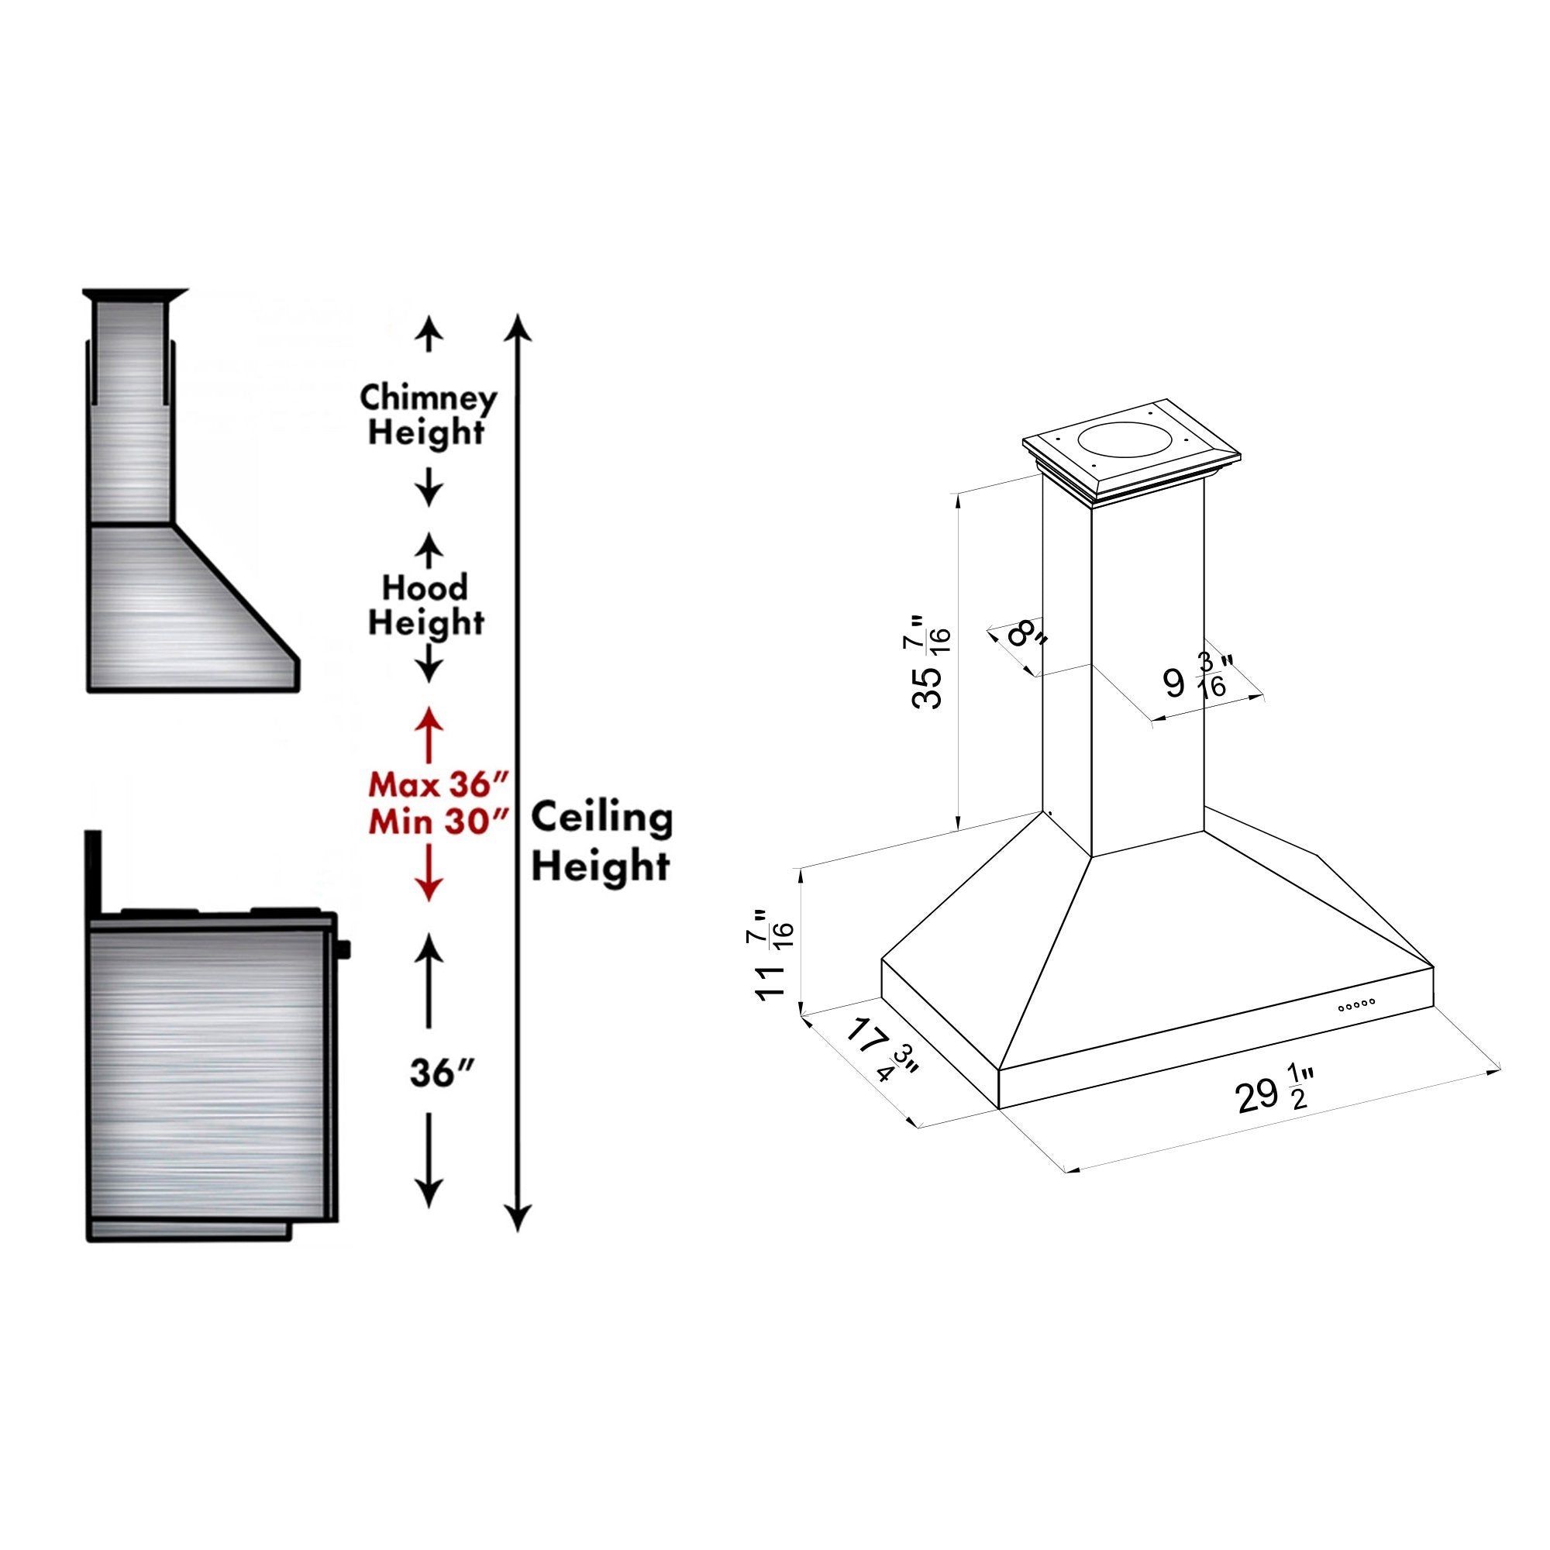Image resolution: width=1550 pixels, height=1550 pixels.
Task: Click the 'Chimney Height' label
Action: [428, 415]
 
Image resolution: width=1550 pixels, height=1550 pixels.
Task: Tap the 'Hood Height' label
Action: [426, 606]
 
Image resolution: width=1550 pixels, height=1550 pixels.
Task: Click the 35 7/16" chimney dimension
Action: [931, 662]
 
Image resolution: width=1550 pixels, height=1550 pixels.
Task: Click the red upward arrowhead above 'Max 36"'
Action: [429, 718]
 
